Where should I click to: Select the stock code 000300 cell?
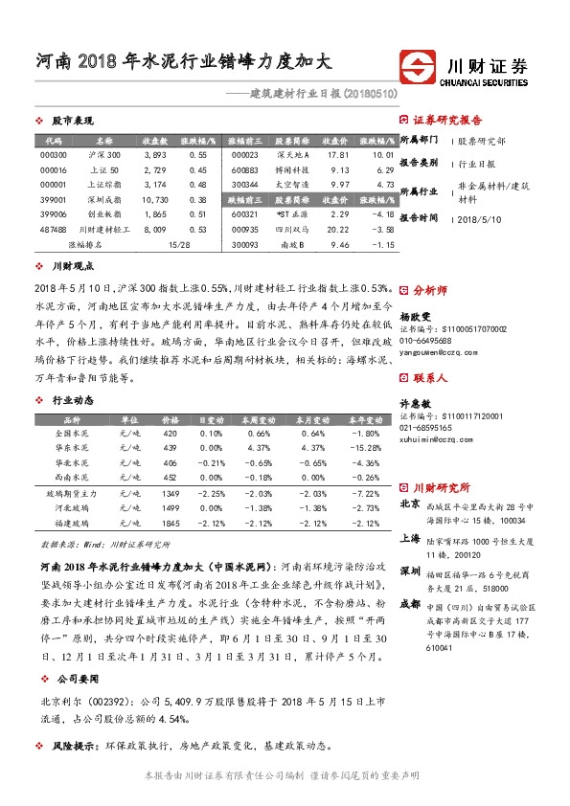pos(54,154)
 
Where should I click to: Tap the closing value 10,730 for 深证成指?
pos(154,199)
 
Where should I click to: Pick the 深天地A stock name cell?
pos(290,154)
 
